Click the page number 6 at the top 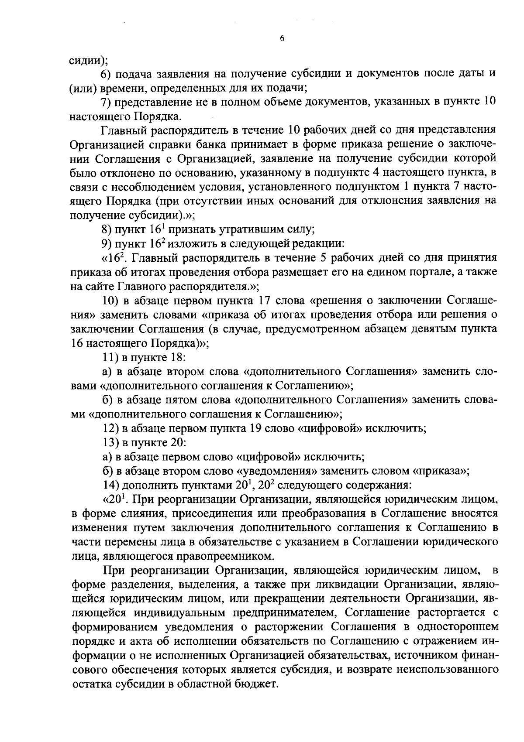click(x=282, y=38)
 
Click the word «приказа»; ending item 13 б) click(x=441, y=471)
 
